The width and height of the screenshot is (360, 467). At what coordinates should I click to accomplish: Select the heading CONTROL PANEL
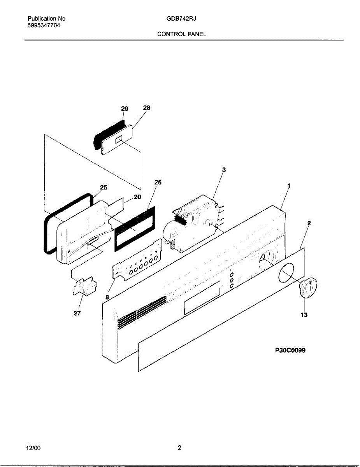tap(182, 34)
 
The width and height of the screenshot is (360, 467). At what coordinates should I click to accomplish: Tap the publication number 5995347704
tap(44, 25)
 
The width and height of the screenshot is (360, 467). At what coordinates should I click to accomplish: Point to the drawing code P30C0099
tap(290, 350)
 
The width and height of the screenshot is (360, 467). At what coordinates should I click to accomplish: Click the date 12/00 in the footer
tap(33, 448)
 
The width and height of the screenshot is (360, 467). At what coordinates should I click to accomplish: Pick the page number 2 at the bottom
tap(179, 448)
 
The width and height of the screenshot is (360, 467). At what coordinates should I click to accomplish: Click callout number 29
tap(125, 109)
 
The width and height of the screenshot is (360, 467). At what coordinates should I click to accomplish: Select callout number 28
tap(146, 108)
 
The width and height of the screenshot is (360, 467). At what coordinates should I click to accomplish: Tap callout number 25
tap(104, 187)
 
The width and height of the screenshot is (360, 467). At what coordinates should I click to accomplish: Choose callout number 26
tap(158, 182)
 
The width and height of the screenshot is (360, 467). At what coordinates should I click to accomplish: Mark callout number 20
tap(137, 197)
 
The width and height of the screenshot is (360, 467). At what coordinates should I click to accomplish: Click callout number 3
tap(224, 170)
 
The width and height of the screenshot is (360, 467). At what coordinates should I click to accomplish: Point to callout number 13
tap(304, 314)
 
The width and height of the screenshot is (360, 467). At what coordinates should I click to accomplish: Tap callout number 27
tap(77, 313)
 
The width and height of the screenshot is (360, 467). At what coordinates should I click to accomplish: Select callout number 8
tap(107, 297)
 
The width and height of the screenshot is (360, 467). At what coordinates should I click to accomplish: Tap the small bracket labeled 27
tap(84, 287)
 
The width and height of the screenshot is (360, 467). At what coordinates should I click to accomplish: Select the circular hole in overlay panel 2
tap(287, 272)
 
